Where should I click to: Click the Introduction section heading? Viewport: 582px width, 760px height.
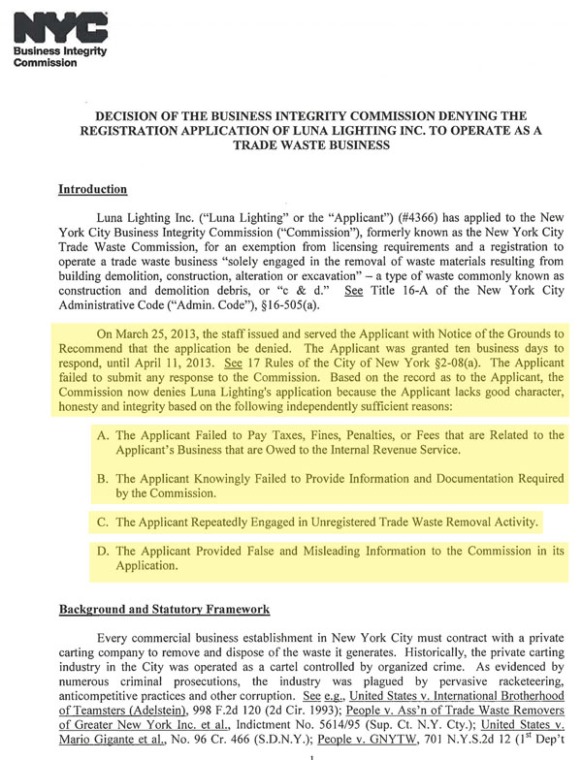93,188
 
